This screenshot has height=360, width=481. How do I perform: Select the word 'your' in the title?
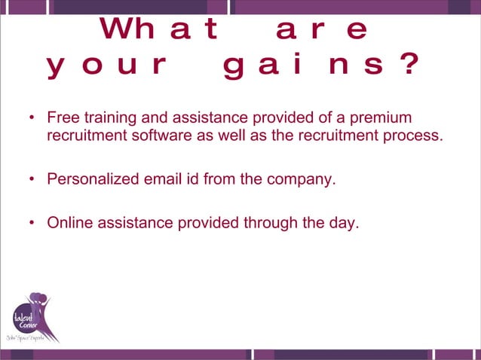(106, 67)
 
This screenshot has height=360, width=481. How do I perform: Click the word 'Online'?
(69, 223)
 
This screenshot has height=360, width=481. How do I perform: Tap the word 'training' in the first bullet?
(104, 119)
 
